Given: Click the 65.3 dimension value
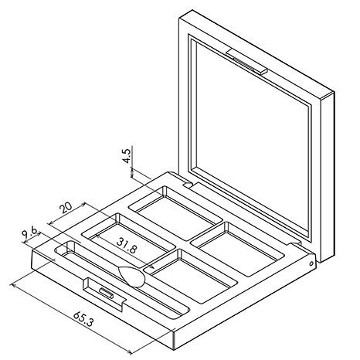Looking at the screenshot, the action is tap(83, 319).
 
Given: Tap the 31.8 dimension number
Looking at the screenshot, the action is tap(126, 245).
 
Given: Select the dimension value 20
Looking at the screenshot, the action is tap(66, 208).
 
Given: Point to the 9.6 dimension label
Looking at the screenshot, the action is tap(29, 233).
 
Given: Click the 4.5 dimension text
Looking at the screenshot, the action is tap(127, 156).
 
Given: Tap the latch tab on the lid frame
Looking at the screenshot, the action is tap(246, 61).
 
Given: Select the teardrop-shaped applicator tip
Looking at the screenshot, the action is tap(131, 277).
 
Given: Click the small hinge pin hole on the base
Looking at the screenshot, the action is tap(311, 263).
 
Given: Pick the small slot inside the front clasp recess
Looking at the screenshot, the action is tap(107, 293).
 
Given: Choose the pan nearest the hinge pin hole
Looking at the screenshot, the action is tap(237, 249).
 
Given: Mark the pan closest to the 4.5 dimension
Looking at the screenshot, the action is tap(175, 213).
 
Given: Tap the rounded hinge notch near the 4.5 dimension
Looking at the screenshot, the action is tap(188, 185).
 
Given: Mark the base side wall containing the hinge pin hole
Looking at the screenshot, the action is tap(245, 301).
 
